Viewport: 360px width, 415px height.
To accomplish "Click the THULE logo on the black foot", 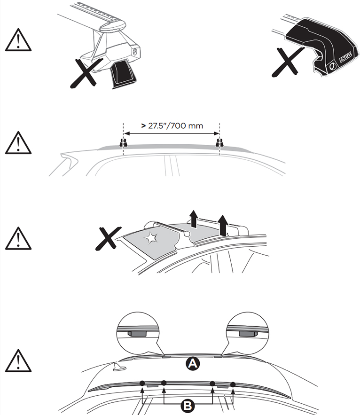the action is tap(345, 57).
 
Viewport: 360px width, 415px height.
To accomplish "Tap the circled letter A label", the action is tap(192, 363).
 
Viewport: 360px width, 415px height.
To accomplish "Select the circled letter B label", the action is tap(188, 405).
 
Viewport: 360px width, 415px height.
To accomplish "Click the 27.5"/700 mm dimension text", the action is tap(172, 125).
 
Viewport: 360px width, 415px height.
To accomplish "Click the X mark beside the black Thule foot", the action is tap(287, 62).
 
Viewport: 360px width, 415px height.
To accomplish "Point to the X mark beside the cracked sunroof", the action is tap(108, 238).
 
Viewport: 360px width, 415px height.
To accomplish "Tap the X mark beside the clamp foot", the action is tap(86, 73).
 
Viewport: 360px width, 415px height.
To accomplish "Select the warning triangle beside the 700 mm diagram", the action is tap(18, 143).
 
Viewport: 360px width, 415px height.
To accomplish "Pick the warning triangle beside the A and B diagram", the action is tap(18, 361).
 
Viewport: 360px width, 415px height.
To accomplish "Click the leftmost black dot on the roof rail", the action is tap(142, 383).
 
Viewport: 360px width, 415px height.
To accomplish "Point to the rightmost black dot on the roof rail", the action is tap(233, 384).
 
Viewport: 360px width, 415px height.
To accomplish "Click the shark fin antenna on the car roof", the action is tap(119, 367).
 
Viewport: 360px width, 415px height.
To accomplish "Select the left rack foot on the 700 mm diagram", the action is tap(123, 143).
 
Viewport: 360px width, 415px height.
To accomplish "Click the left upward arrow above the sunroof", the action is tap(194, 219).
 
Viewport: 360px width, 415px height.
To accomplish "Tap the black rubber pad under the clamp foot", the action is tap(123, 74).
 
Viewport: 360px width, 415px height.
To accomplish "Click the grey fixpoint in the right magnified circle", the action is tap(248, 334).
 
